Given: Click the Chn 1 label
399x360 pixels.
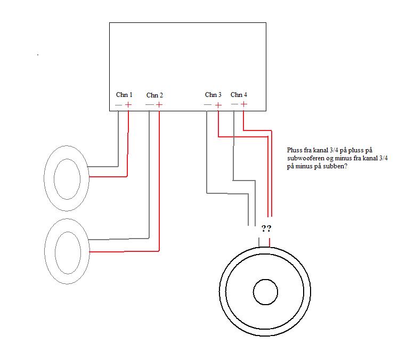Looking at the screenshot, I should (124, 95).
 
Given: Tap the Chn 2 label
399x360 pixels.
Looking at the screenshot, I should (154, 95).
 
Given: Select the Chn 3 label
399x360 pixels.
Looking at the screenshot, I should (213, 95).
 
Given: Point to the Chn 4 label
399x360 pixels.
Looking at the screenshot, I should (239, 95).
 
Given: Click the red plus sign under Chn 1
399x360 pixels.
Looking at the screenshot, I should (128, 105).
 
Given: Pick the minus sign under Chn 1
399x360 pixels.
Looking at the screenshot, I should (118, 105).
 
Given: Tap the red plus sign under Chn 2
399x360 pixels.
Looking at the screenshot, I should (159, 105).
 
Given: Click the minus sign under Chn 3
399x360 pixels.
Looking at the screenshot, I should (207, 105).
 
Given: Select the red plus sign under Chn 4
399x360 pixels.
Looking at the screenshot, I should (243, 104).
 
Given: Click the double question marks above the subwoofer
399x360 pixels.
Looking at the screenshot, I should (266, 229).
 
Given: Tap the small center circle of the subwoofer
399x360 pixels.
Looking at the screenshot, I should (265, 292).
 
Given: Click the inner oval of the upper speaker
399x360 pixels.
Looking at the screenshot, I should (67, 178).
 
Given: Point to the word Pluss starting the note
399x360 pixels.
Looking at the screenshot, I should (295, 151).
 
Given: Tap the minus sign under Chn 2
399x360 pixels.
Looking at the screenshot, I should (149, 105).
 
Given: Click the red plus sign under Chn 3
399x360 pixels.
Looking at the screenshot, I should (218, 105).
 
